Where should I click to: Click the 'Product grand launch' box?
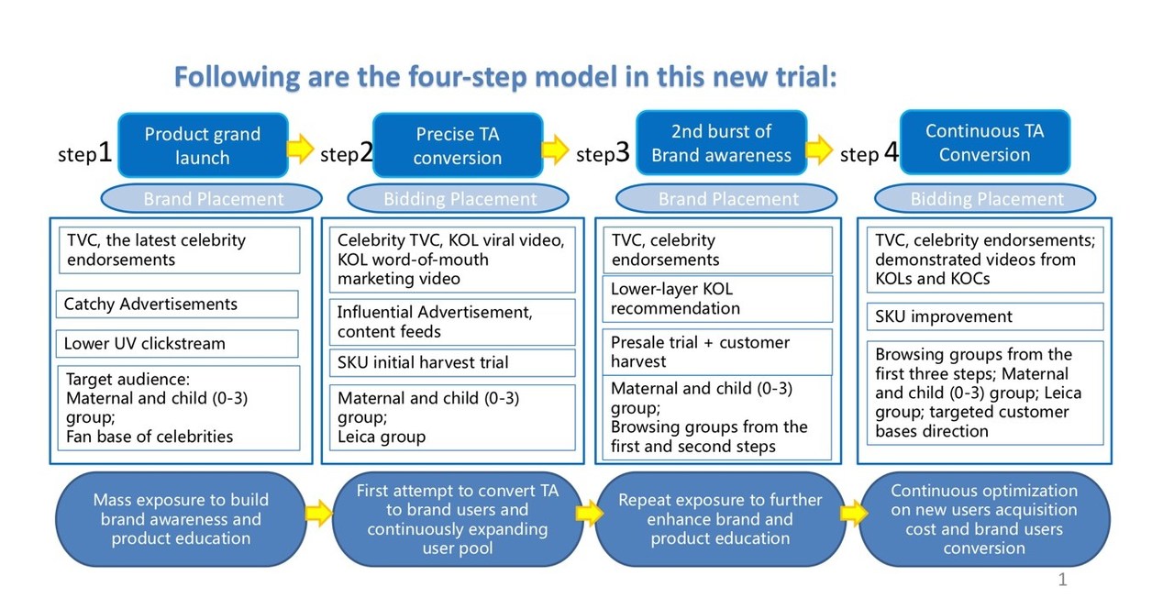pyautogui.click(x=203, y=145)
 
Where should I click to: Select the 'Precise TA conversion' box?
pyautogui.click(x=457, y=145)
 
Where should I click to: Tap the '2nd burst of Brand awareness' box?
pyautogui.click(x=721, y=143)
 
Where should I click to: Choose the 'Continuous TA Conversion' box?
pyautogui.click(x=984, y=142)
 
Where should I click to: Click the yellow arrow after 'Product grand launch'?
pyautogui.click(x=300, y=148)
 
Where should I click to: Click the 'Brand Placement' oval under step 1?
pyautogui.click(x=213, y=199)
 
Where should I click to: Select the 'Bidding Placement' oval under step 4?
pyautogui.click(x=986, y=199)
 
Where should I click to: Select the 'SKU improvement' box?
pyautogui.click(x=985, y=317)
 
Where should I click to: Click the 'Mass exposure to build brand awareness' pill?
pyautogui.click(x=181, y=519)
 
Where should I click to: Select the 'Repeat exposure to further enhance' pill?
pyautogui.click(x=720, y=519)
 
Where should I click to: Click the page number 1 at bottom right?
pyautogui.click(x=1062, y=580)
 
